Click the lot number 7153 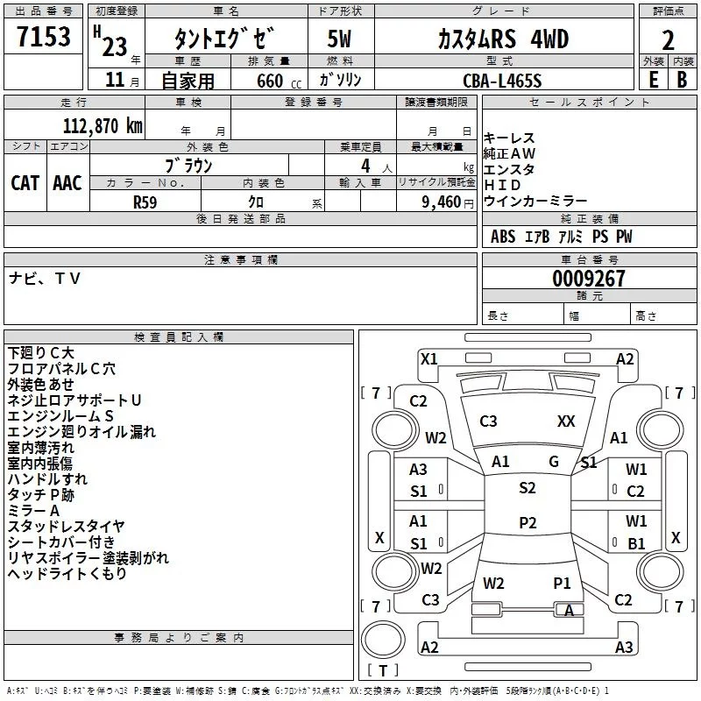click(x=43, y=38)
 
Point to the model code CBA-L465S click(x=502, y=81)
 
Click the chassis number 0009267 click(x=589, y=279)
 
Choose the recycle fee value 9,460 click(x=442, y=201)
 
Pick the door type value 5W click(x=340, y=39)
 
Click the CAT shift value click(x=25, y=182)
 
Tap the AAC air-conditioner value click(x=67, y=182)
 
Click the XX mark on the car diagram click(x=566, y=421)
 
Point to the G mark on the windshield click(x=554, y=461)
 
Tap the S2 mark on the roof click(x=527, y=488)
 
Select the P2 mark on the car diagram click(x=527, y=523)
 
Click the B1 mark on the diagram click(x=636, y=543)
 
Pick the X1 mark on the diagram click(x=428, y=358)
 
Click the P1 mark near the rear click(x=562, y=583)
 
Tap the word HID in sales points click(x=502, y=186)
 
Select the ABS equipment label click(x=503, y=237)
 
